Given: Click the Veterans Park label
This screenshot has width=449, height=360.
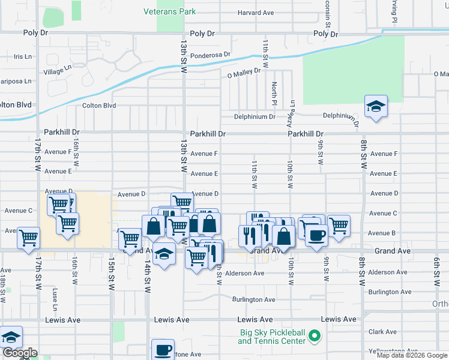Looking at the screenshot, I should coord(170,11).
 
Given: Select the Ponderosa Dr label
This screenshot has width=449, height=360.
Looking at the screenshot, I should coord(210,55).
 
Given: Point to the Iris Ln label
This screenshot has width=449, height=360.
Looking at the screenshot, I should coord(22,57).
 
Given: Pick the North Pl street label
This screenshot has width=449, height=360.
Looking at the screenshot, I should coord(274,94).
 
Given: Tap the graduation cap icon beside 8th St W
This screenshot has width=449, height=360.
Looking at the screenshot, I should coord(376,107).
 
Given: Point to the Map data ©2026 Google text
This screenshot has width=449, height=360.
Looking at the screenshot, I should coord(412,355).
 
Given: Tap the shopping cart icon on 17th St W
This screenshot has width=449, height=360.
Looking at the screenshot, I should coord(28,238).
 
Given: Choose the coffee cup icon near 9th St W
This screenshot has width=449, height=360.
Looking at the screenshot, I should coord(316,235).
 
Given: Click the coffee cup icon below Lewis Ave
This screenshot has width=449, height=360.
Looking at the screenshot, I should coord(162,349).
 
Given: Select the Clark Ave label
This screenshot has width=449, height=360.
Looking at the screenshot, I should coord(382,332).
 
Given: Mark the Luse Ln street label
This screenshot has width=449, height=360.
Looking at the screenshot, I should coord(55,296).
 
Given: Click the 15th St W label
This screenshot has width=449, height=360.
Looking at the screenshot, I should coord(112,275).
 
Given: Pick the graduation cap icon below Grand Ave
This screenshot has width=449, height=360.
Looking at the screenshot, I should coord(164,254).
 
